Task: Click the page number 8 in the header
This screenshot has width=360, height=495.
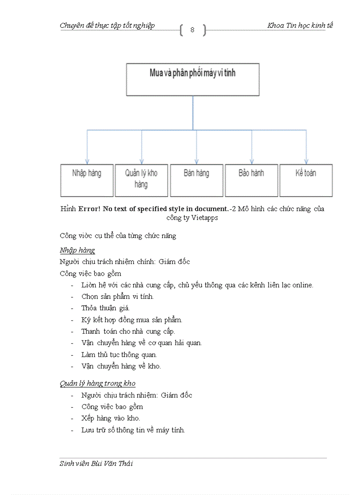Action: pos(192,30)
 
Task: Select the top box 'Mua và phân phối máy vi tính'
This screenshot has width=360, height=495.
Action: pos(193,79)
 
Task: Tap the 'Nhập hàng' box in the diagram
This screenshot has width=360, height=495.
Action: pos(87,180)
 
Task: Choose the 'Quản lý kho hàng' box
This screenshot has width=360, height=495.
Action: pos(141,180)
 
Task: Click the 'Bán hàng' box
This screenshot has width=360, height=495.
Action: pos(196,180)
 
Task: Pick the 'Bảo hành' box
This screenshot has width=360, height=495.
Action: pos(251,180)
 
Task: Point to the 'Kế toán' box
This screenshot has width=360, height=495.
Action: pos(306,180)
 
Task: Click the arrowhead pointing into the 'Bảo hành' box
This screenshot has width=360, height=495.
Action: pos(251,161)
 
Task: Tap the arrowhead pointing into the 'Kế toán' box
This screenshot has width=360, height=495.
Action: pos(306,161)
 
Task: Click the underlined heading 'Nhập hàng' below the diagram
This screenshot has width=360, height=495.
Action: pos(77,250)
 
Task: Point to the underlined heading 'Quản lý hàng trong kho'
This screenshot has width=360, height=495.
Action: pos(97,383)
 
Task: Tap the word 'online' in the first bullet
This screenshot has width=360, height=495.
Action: pos(301,285)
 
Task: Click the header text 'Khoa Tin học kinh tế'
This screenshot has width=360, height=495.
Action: pos(300,26)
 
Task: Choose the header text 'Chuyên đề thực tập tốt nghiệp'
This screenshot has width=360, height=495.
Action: pos(107,26)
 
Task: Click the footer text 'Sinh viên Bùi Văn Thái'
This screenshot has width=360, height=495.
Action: pos(96,463)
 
